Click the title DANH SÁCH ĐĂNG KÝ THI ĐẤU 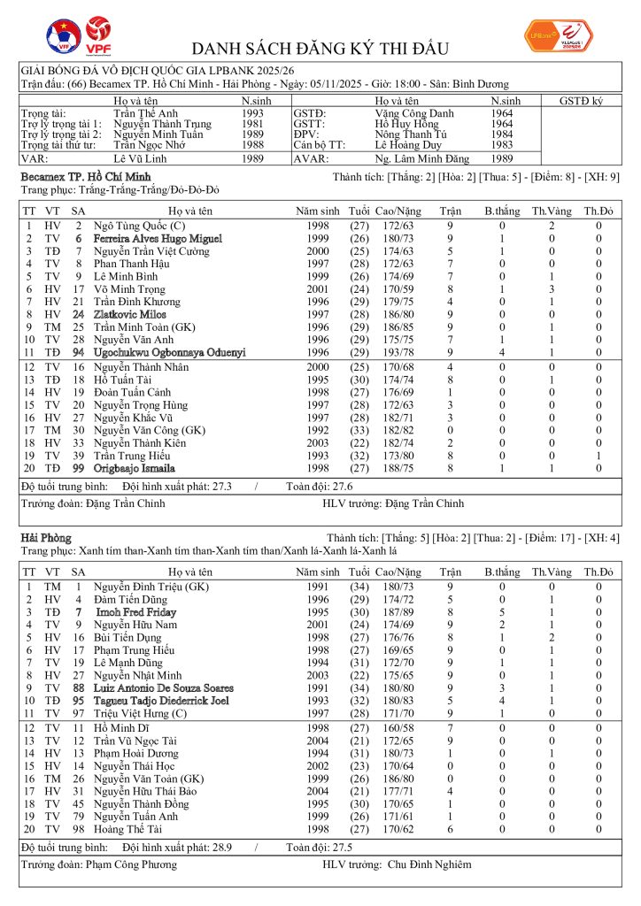click(320, 49)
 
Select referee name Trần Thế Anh click(145, 113)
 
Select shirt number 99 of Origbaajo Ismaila click(78, 468)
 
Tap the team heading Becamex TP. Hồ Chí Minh click(77, 178)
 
